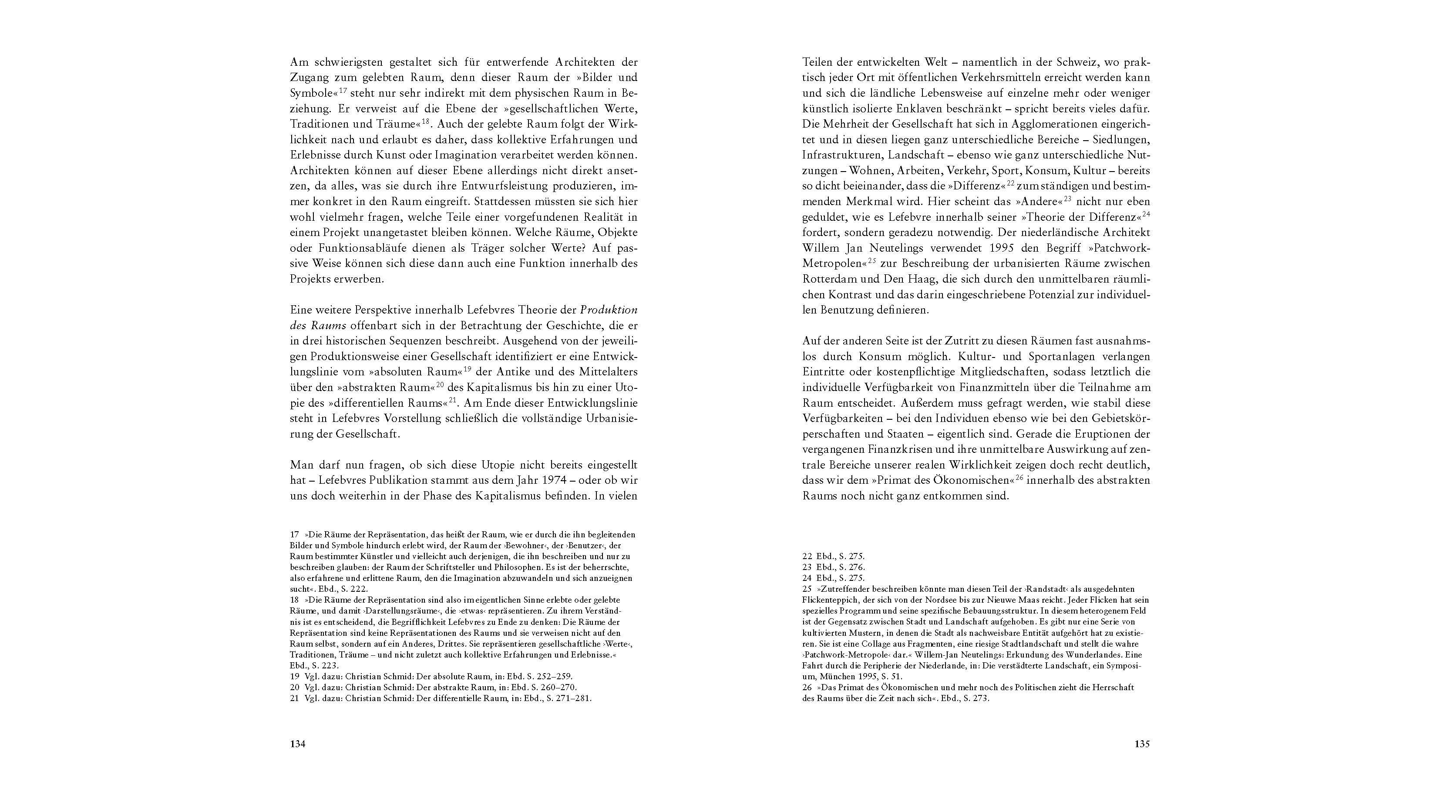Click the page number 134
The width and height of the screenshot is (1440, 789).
(297, 744)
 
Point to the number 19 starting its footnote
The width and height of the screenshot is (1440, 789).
(295, 676)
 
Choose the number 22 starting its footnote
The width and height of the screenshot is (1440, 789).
(807, 556)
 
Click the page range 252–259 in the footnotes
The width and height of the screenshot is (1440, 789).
(553, 676)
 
